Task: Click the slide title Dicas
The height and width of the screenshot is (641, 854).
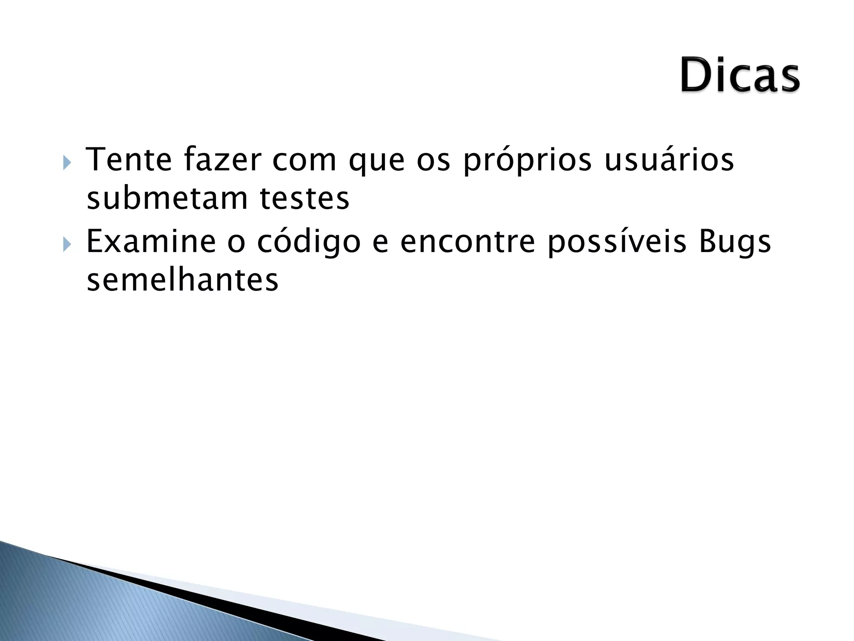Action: pyautogui.click(x=740, y=76)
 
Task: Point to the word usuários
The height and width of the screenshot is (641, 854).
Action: pyautogui.click(x=669, y=160)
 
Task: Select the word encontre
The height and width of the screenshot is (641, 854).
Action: pyautogui.click(x=467, y=242)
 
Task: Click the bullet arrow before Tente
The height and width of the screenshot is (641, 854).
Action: pyautogui.click(x=67, y=162)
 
